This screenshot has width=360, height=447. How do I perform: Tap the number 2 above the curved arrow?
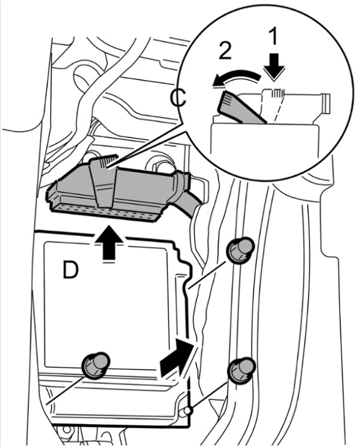coord(225,51)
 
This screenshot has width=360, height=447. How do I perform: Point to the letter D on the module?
coord(71,271)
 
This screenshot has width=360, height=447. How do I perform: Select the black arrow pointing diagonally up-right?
coord(178,357)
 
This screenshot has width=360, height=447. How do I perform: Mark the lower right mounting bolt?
coord(241,369)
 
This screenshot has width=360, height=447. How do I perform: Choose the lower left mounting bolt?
coord(95,364)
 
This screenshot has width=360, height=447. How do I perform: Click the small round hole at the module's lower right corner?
coord(188,411)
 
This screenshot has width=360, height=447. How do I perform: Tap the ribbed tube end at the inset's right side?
coord(325,102)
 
